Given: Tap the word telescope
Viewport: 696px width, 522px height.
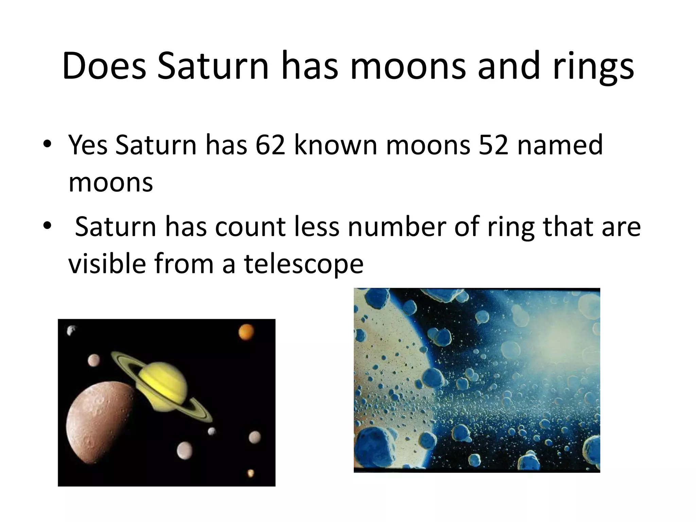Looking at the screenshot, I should [303, 264].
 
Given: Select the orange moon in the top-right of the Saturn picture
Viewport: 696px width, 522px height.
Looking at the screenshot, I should [246, 332].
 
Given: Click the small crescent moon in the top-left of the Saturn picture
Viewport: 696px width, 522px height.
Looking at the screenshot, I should [71, 330].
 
